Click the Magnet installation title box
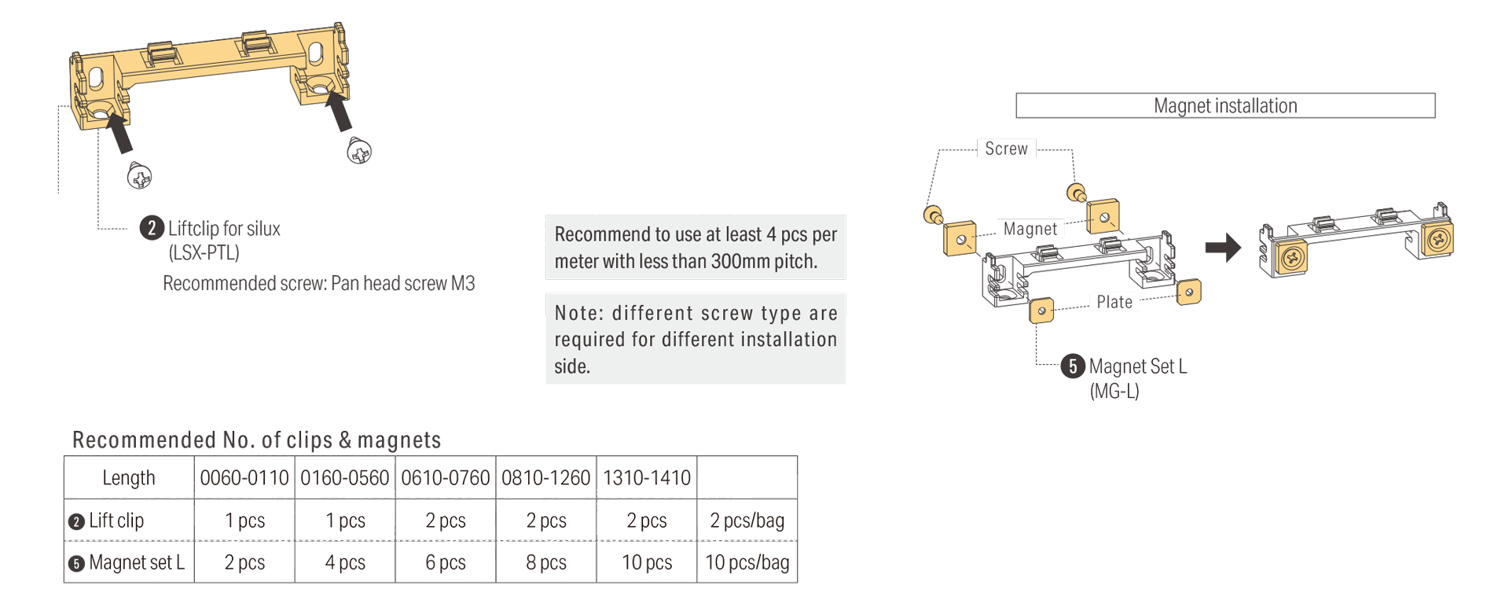(1224, 105)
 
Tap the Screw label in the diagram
(1006, 149)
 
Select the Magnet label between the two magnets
(1030, 229)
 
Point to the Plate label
(1114, 302)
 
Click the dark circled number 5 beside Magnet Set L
(1072, 366)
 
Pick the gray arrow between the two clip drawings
(1222, 248)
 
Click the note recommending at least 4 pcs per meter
(696, 247)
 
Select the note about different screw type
(696, 339)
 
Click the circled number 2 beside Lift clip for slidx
(152, 228)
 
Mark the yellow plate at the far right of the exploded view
(1188, 293)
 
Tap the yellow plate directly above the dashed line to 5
(1041, 311)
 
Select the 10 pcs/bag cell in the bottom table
(747, 562)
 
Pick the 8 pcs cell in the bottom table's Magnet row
(546, 562)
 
